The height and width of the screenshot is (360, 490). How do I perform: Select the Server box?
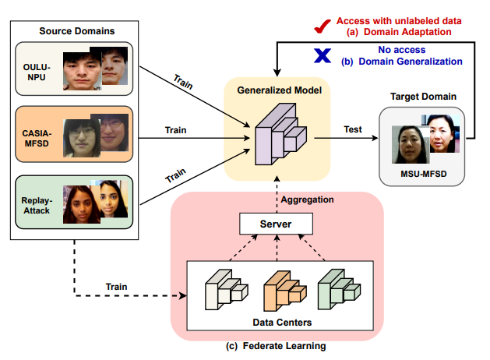(275, 225)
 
